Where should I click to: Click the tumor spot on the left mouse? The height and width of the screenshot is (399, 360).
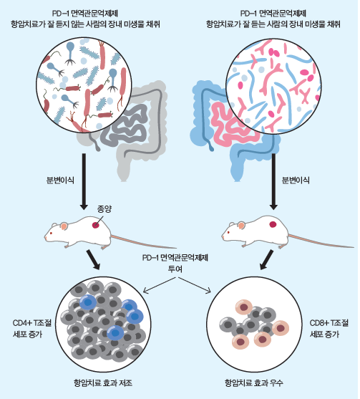(96, 225)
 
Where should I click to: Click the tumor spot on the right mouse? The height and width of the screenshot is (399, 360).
(273, 224)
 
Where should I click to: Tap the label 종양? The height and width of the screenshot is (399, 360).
(104, 209)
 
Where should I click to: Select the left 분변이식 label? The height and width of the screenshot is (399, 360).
(60, 181)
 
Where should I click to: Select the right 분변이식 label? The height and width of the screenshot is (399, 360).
(296, 181)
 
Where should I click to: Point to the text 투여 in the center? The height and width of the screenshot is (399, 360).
(175, 269)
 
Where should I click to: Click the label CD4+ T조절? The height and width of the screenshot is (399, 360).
(32, 323)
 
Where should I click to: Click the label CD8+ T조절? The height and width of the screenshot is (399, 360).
(329, 323)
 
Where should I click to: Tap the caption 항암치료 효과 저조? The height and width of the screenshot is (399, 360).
(103, 383)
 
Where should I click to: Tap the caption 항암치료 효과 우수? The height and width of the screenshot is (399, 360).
(254, 383)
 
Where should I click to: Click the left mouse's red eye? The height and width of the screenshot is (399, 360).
(51, 233)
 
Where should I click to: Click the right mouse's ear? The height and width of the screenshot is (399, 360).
(241, 225)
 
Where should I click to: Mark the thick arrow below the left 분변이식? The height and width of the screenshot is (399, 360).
(84, 181)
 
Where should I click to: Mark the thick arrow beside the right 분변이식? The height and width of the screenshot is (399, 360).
(273, 181)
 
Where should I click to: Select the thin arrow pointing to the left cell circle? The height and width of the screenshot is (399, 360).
(160, 285)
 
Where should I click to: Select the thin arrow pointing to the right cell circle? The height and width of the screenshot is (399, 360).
(195, 285)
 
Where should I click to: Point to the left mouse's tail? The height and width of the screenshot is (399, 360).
(144, 242)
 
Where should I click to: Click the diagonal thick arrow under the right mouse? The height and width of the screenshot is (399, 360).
(267, 260)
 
